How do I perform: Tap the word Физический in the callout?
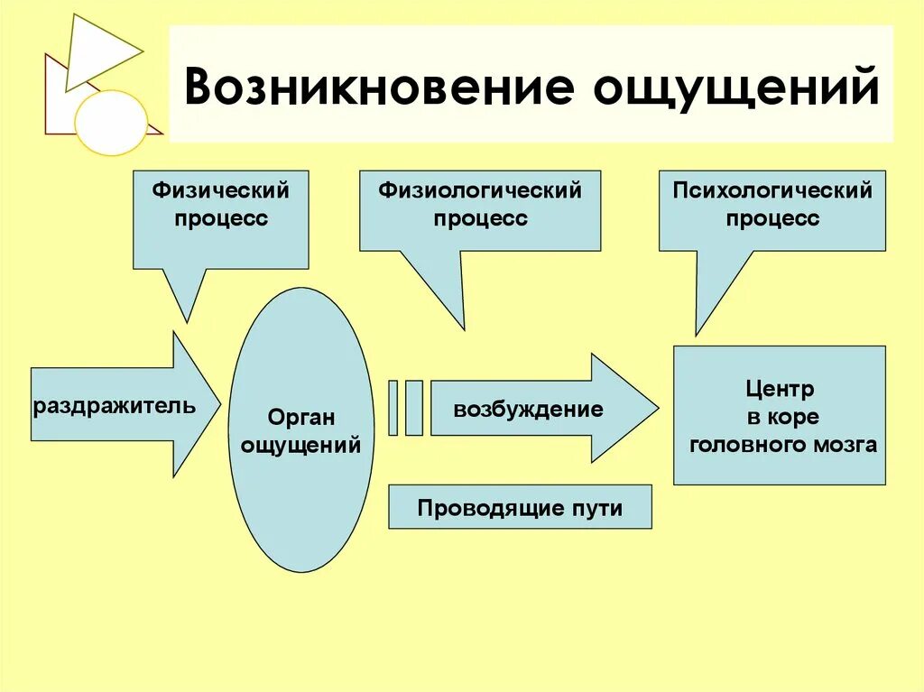click(220, 191)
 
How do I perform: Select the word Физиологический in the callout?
click(479, 191)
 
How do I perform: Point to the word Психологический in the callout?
click(772, 191)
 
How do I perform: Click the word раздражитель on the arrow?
click(114, 405)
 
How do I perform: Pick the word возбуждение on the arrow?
click(528, 410)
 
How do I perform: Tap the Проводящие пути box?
click(520, 508)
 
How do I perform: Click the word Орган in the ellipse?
click(301, 418)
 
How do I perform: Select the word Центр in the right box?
click(780, 391)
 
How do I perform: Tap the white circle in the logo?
click(110, 122)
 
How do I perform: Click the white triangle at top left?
click(97, 49)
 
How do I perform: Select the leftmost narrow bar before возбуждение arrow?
click(393, 409)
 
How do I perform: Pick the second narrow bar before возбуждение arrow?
click(413, 409)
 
